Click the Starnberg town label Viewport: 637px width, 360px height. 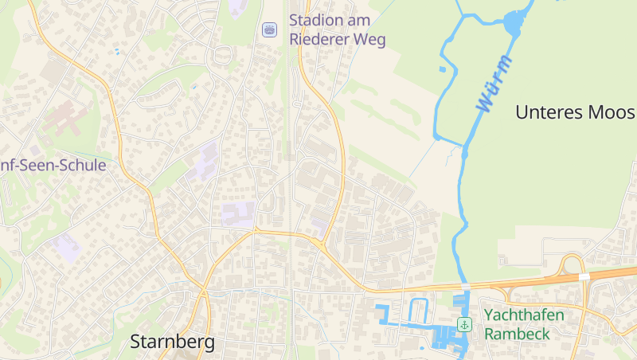point(172,342)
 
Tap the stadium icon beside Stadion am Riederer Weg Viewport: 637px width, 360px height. point(269,29)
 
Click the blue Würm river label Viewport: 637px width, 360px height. point(493,84)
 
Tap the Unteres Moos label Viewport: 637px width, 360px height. point(575,112)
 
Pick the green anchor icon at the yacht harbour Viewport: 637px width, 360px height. point(464,324)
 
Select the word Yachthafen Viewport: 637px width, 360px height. point(524,315)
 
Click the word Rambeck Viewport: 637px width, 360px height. point(517,334)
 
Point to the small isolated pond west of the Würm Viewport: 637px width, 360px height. point(443,69)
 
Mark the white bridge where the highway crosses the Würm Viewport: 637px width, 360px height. point(465,285)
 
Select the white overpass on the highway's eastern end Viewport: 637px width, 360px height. point(584,276)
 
